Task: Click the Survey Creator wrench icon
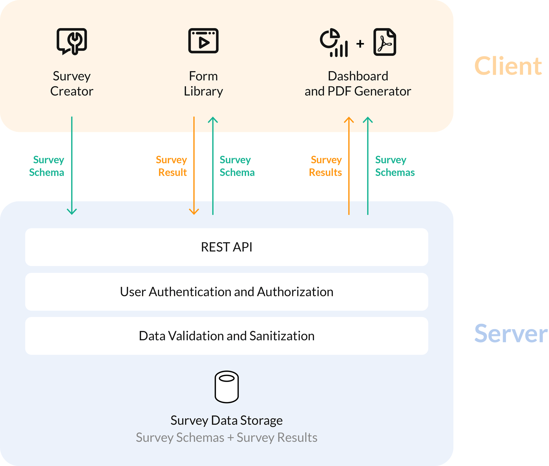point(72,41)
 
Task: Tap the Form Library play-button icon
point(203,41)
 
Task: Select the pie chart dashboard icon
point(334,42)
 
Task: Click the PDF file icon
point(385,42)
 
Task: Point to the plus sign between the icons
point(360,44)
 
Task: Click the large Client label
point(508,66)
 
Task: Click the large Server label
point(511,334)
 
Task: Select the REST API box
point(226,247)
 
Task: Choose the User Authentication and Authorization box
point(226,292)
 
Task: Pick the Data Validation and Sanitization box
point(226,336)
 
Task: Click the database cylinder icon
point(226,387)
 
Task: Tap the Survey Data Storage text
point(226,420)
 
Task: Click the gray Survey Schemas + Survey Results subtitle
point(226,438)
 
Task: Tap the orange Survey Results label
point(325,166)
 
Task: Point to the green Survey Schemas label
point(395,166)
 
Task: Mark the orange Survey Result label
point(172,166)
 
